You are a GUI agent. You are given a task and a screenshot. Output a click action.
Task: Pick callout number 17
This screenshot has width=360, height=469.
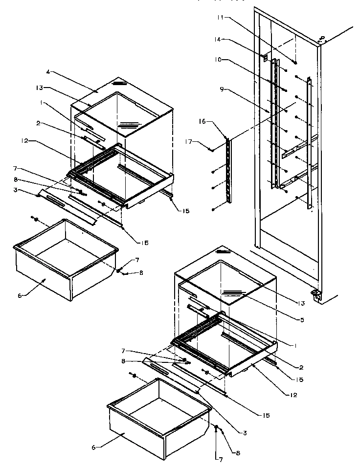(x=201, y=143)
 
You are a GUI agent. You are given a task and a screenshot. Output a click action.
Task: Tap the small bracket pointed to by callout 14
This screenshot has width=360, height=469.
(x=265, y=58)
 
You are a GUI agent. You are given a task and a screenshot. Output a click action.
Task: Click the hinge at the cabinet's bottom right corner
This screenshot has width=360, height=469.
(x=317, y=295)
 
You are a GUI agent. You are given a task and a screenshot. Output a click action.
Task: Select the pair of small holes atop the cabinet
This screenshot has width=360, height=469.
(x=321, y=37)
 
